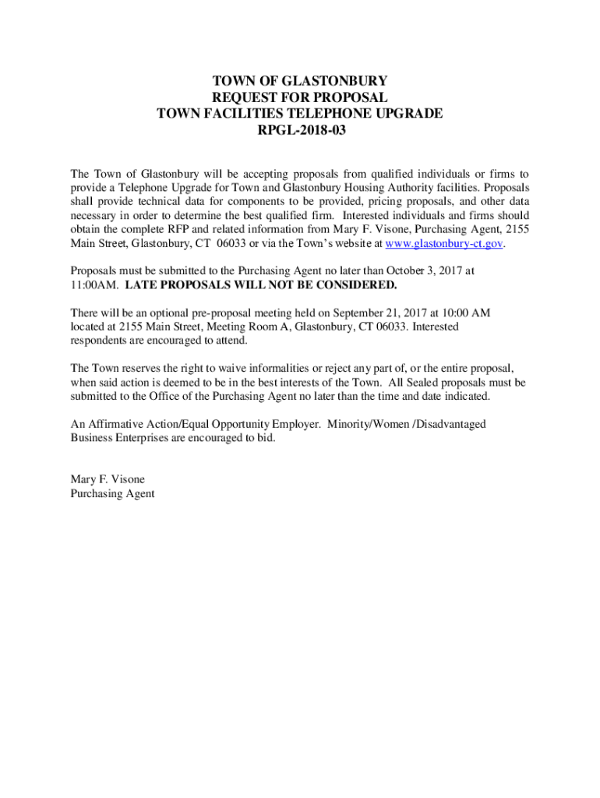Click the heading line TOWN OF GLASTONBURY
(300, 81)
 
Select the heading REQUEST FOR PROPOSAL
(300, 97)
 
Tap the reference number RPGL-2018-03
(300, 130)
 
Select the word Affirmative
(114, 424)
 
